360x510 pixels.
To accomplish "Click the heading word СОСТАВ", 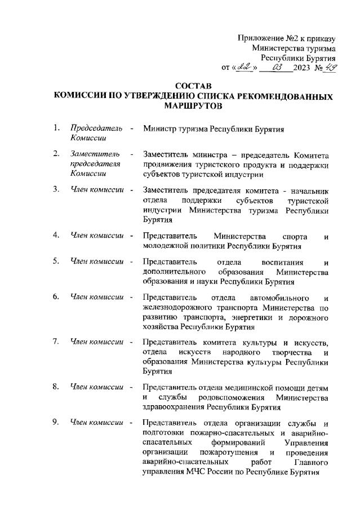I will click(x=193, y=86).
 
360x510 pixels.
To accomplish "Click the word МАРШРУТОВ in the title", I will click(x=193, y=106).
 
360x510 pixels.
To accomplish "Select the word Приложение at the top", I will click(x=260, y=39).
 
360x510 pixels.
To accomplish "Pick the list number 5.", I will click(x=56, y=260).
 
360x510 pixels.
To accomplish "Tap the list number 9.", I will click(x=56, y=422).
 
